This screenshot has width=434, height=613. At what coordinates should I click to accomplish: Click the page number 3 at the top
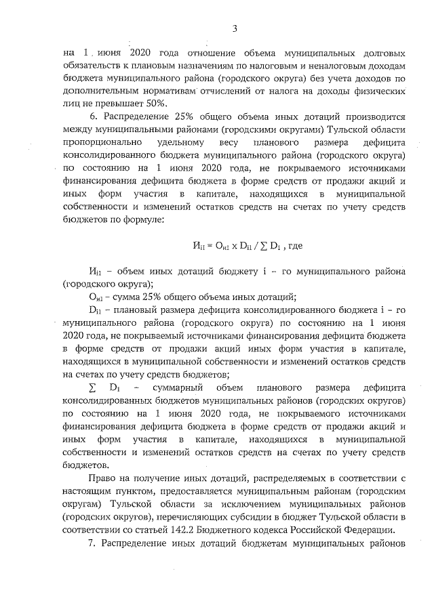tap(235, 28)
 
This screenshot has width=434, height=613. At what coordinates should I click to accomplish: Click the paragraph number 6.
tap(84, 117)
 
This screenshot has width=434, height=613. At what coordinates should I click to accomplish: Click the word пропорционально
tap(102, 143)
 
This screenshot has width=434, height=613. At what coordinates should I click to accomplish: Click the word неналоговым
tap(319, 66)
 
